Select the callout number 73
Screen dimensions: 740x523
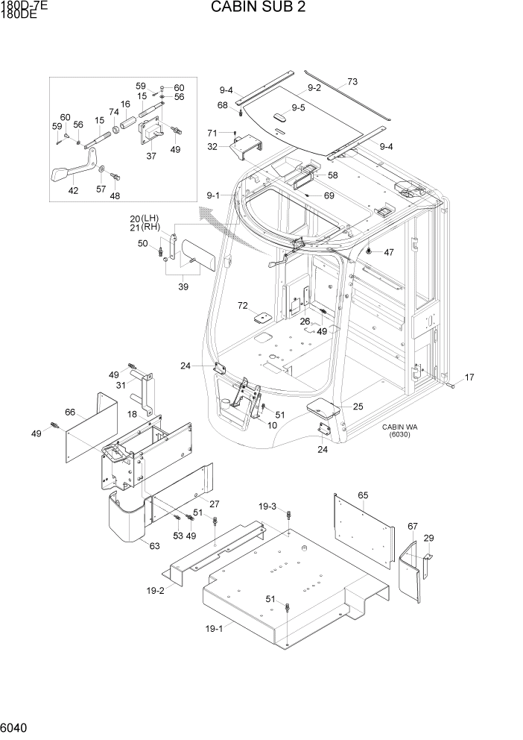coord(352,81)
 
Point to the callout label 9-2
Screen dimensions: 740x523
coord(314,88)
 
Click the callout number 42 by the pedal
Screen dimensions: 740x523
coord(73,190)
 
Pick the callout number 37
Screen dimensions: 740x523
coord(151,156)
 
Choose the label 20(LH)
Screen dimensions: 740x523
coord(145,219)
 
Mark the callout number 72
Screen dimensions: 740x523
coord(242,306)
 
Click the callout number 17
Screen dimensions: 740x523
coord(469,377)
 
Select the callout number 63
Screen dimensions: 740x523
coord(154,546)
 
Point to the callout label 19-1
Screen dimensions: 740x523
coord(214,628)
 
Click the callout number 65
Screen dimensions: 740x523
coord(364,495)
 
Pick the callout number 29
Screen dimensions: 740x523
coord(428,538)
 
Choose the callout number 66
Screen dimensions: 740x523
coord(70,413)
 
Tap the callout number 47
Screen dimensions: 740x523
coord(388,252)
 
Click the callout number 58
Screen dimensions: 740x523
coord(332,175)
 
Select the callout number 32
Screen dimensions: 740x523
coord(212,147)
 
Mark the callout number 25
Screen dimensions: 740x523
coord(358,407)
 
